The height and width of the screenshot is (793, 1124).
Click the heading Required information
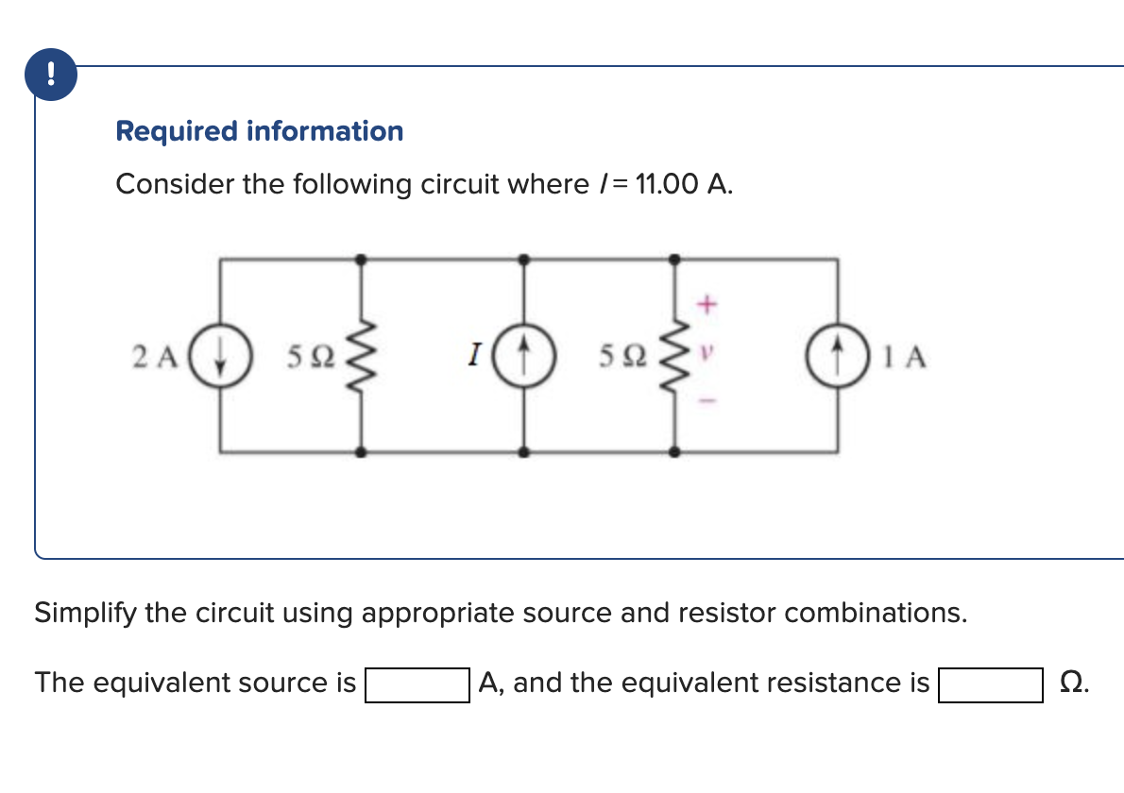pyautogui.click(x=259, y=131)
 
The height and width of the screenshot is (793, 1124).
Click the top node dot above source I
pyautogui.click(x=526, y=258)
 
